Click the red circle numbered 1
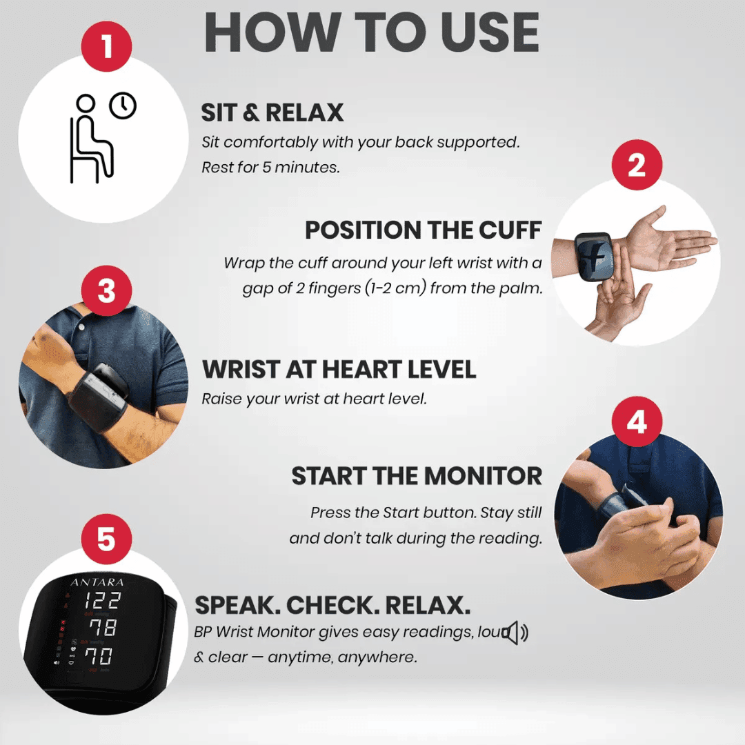pos(106,47)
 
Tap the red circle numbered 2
pos(636,166)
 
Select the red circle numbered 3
pos(106,291)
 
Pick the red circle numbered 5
pos(106,539)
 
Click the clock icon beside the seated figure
pos(123,106)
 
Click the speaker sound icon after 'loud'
pos(515,633)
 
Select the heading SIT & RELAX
pos(272,112)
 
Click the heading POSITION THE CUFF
pos(424,230)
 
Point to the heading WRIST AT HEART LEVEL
pos(339,369)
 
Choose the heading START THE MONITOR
pos(417,476)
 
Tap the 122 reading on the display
pos(102,601)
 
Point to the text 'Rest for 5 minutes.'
pos(270,168)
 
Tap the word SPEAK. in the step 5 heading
pos(236,606)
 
